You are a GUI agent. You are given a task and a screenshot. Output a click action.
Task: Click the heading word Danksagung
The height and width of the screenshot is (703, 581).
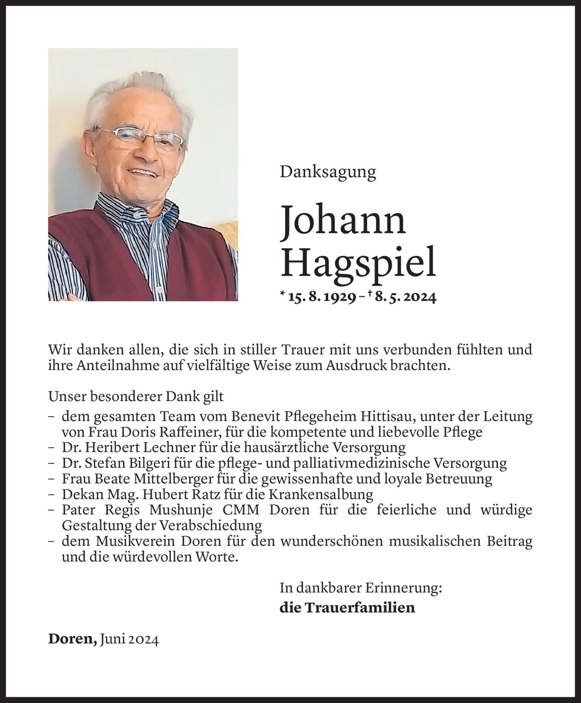pyautogui.click(x=328, y=172)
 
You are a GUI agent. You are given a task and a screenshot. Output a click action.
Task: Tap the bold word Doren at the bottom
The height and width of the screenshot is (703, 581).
pyautogui.click(x=73, y=639)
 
